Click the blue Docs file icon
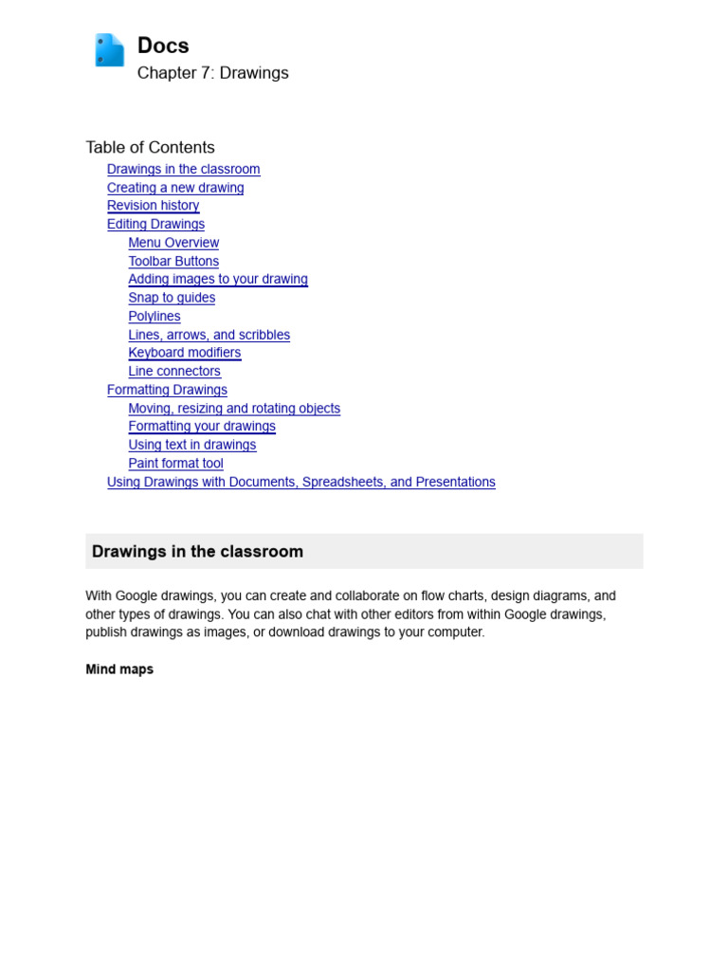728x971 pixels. [x=109, y=50]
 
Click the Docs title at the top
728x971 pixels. [x=163, y=46]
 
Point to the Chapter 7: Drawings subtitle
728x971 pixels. [x=212, y=73]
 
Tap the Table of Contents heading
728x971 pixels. [x=150, y=147]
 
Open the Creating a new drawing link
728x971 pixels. [x=175, y=188]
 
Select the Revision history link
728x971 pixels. [x=153, y=206]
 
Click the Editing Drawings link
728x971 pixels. [x=155, y=224]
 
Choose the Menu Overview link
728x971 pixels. [x=173, y=243]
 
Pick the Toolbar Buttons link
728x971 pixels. [x=173, y=261]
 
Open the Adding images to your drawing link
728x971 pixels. [x=218, y=279]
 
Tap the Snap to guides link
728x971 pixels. [x=172, y=298]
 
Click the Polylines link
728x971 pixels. [x=155, y=316]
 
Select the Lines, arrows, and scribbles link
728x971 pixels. [x=209, y=335]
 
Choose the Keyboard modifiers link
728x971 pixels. [x=185, y=353]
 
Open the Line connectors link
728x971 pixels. [x=174, y=371]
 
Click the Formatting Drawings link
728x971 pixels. [x=167, y=390]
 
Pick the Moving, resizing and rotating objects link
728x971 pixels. [x=234, y=409]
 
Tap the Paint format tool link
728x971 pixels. [x=175, y=464]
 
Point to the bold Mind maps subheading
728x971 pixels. [x=119, y=669]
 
